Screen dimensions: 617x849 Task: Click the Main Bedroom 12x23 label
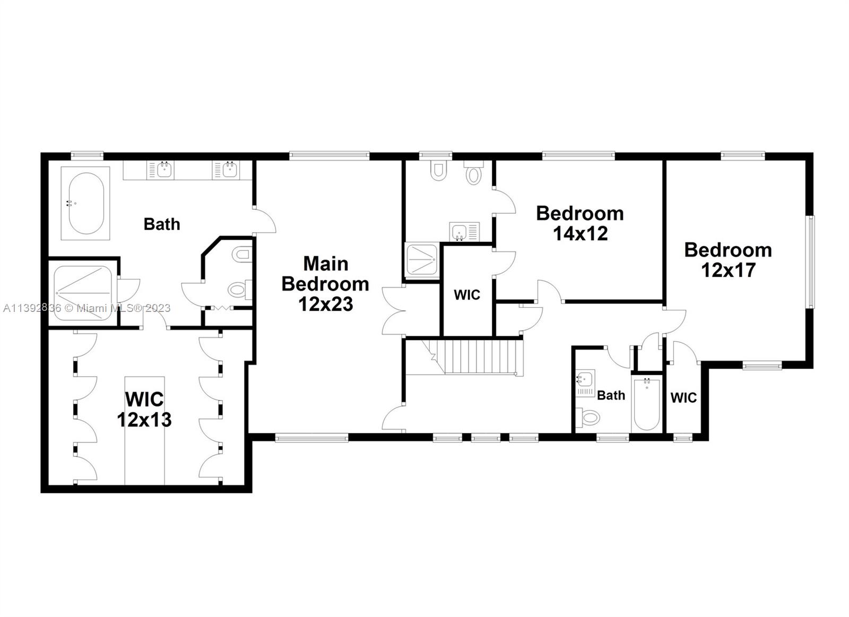[325, 284]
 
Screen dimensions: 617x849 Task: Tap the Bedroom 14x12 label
[579, 223]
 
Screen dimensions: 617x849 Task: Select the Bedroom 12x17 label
[728, 260]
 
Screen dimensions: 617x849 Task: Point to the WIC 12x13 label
[144, 409]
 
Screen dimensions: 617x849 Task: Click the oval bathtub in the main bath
[85, 203]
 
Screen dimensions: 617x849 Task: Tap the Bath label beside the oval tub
[162, 224]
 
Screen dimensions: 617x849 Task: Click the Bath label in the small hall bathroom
[611, 395]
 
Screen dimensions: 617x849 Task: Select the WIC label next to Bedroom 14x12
[467, 295]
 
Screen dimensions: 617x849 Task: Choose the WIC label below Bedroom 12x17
[683, 397]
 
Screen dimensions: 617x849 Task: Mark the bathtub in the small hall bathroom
[646, 404]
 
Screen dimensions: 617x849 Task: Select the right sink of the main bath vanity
[229, 170]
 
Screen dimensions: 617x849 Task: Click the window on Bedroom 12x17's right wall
[810, 262]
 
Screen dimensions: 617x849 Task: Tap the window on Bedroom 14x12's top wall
[578, 155]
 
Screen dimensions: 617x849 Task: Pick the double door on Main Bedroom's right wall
[393, 310]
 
